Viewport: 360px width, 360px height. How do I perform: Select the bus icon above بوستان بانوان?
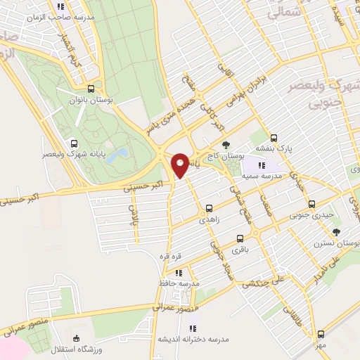click(x=91, y=89)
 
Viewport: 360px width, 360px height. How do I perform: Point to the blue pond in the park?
click(x=120, y=153)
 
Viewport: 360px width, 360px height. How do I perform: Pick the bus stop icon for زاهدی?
click(x=209, y=207)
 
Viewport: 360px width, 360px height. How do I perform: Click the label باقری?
click(x=241, y=249)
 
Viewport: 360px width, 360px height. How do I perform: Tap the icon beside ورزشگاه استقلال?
click(x=77, y=338)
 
